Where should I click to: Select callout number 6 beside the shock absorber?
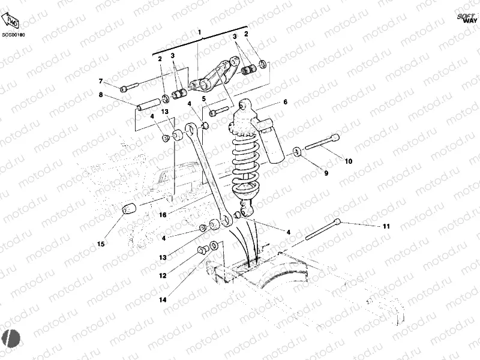285,102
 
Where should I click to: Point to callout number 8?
101,95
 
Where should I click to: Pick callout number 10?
349,161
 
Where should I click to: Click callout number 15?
101,244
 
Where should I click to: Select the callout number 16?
162,214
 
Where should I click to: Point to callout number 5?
204,98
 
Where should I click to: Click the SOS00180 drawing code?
13,35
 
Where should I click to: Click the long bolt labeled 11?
324,229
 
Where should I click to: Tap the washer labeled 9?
298,151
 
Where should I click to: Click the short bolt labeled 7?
129,87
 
